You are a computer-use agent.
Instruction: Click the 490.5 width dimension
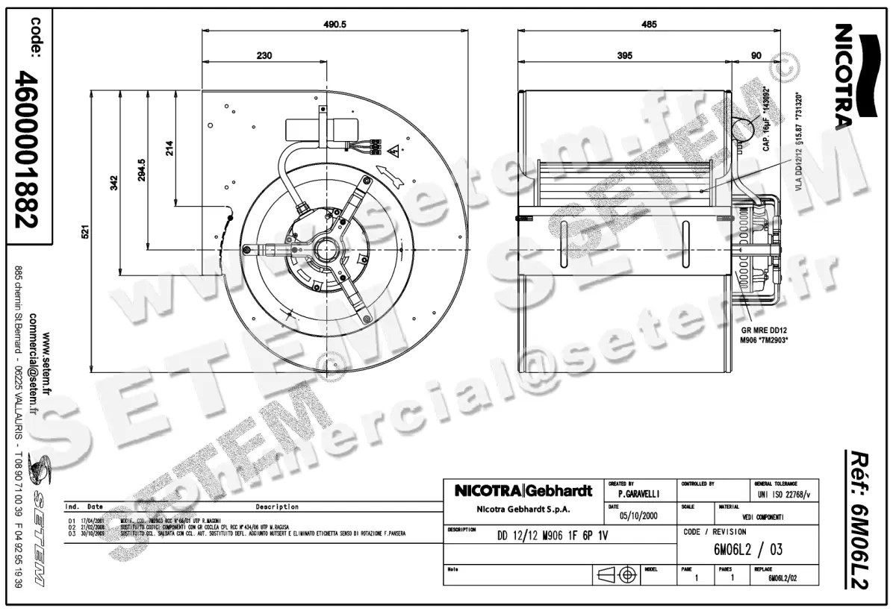pyautogui.click(x=335, y=24)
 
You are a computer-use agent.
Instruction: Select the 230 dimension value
pyautogui.click(x=264, y=55)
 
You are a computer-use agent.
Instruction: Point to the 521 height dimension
pyautogui.click(x=85, y=232)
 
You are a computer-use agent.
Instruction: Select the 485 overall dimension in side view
pyautogui.click(x=649, y=24)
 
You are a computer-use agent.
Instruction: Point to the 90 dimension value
pyautogui.click(x=756, y=55)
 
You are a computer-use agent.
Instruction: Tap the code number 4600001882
pyautogui.click(x=28, y=148)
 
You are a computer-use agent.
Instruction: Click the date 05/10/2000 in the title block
pyautogui.click(x=638, y=516)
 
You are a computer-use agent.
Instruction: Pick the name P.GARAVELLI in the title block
pyautogui.click(x=638, y=494)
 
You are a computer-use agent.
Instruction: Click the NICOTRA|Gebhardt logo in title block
pyautogui.click(x=523, y=491)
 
